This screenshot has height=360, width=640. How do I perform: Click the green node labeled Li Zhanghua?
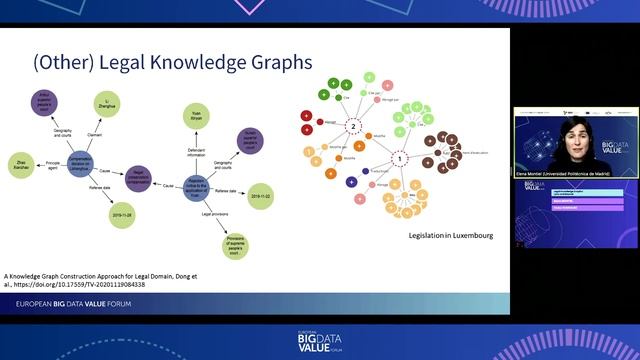point(126,106)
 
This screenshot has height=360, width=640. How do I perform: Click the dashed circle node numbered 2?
point(351,127)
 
